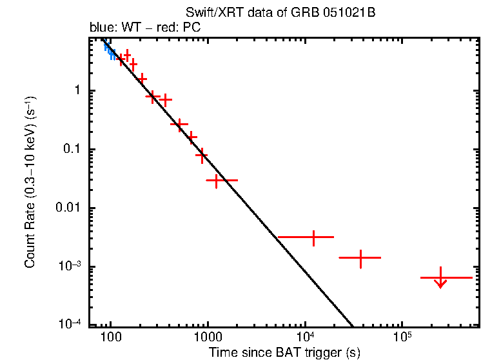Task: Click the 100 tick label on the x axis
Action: [111, 339]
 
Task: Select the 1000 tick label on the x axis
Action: [208, 339]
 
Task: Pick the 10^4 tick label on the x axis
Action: [305, 338]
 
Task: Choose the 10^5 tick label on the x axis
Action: [402, 338]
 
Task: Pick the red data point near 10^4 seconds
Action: [313, 237]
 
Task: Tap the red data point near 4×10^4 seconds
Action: [360, 257]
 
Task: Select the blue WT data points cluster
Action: [110, 51]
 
